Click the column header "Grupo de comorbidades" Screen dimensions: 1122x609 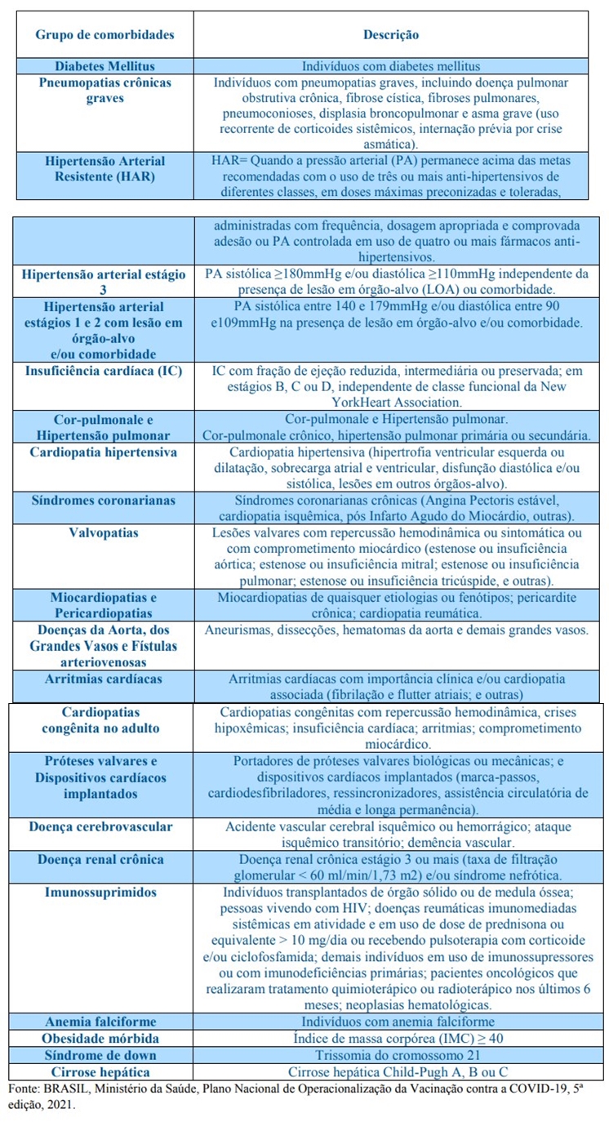coord(104,35)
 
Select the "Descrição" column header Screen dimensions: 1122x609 coord(391,35)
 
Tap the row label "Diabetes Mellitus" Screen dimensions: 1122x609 coord(104,66)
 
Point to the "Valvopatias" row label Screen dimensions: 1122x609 coord(104,533)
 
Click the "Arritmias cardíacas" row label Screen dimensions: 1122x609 coord(104,679)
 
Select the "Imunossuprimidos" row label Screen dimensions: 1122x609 coord(100,892)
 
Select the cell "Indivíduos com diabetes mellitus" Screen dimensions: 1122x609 coord(391,66)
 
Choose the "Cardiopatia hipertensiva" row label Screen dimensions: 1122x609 coord(104,452)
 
